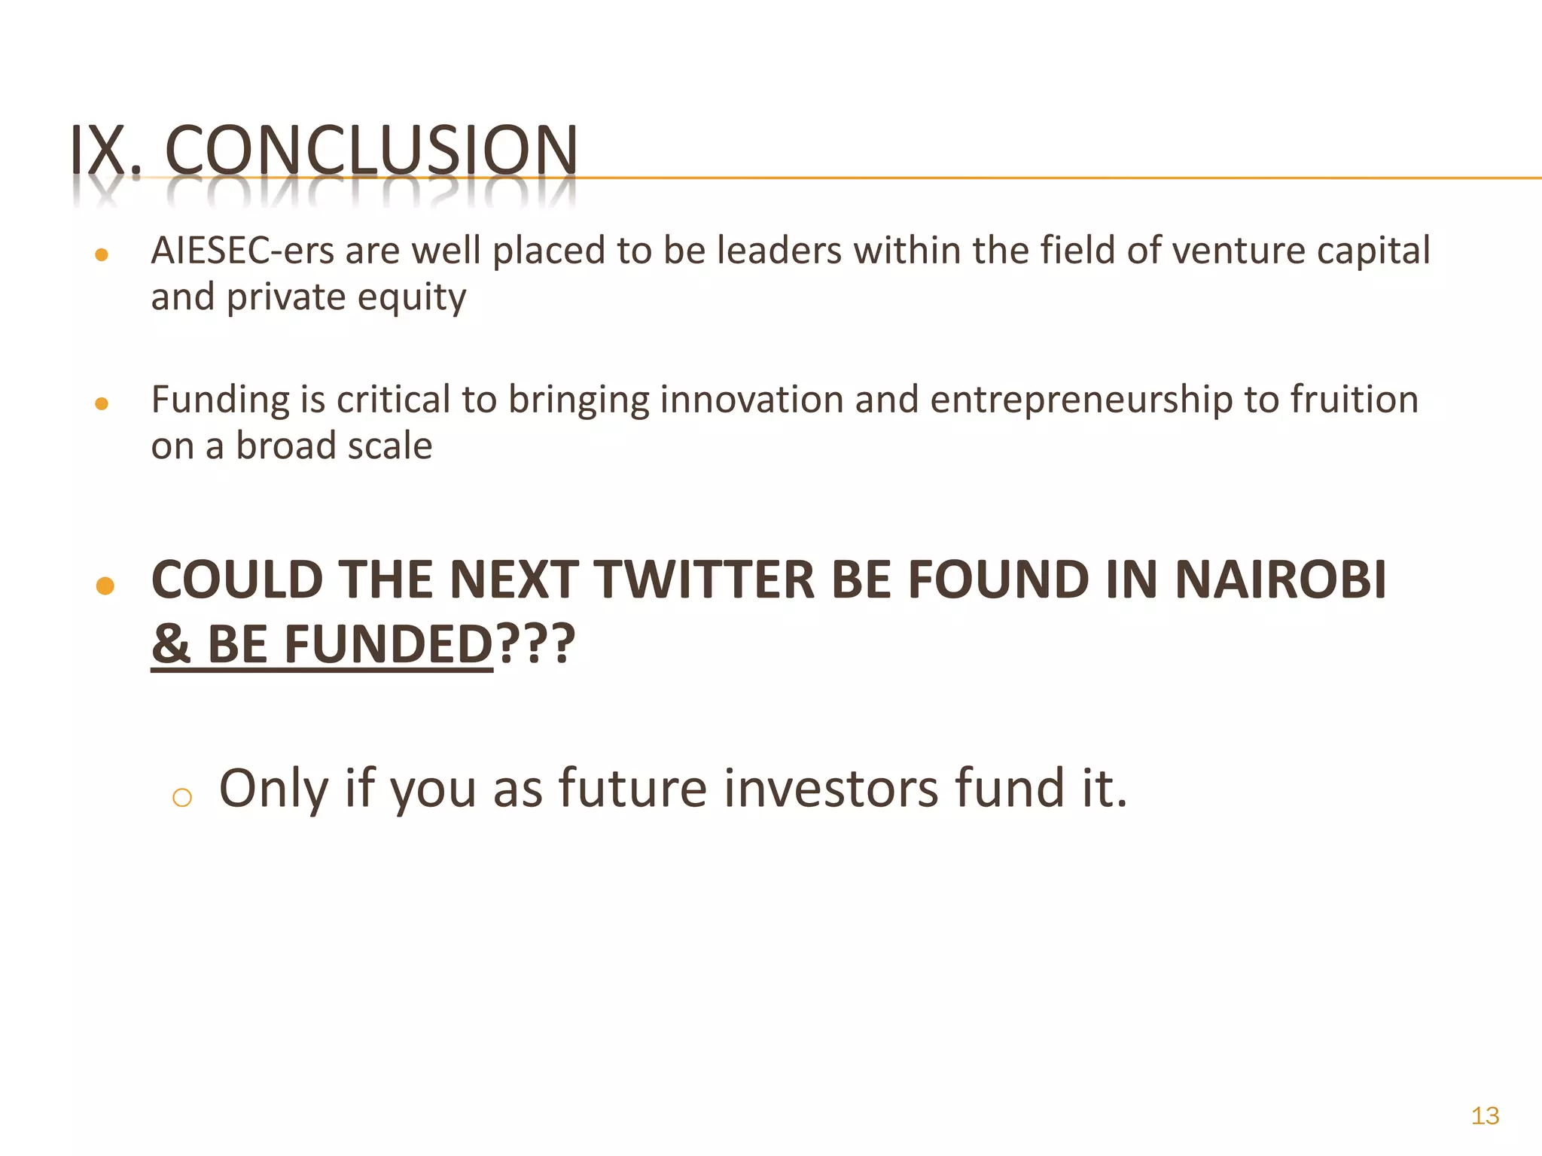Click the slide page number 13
(x=1485, y=1115)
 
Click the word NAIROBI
(x=1280, y=580)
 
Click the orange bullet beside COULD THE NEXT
(x=105, y=586)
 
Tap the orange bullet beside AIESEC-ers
(x=102, y=255)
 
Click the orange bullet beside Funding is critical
(x=102, y=404)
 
